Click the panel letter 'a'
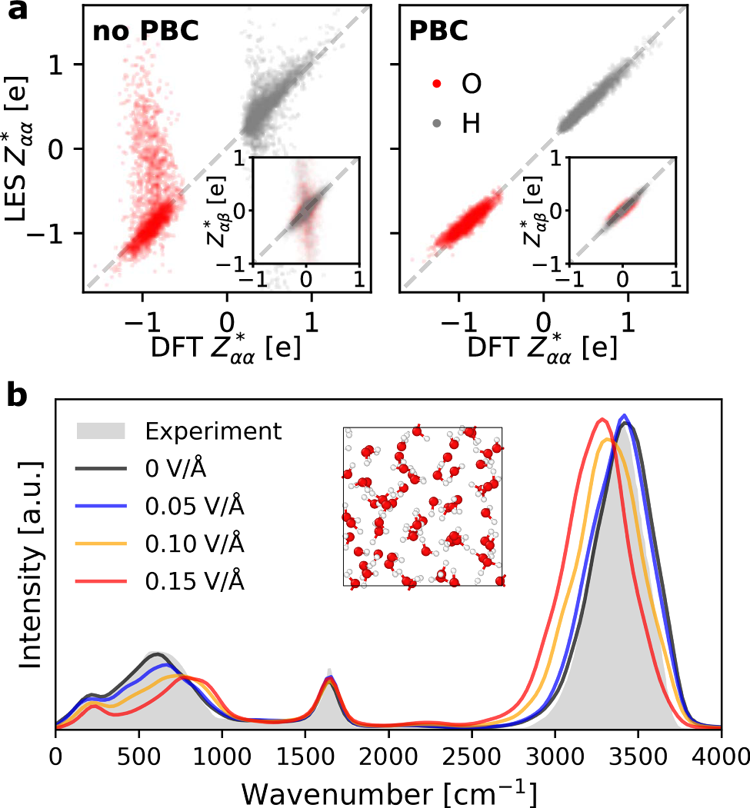click(17, 14)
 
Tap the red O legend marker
click(436, 83)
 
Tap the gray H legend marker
click(436, 123)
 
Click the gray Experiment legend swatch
click(100, 431)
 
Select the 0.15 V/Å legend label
click(195, 582)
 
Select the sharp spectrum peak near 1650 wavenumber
click(329, 671)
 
